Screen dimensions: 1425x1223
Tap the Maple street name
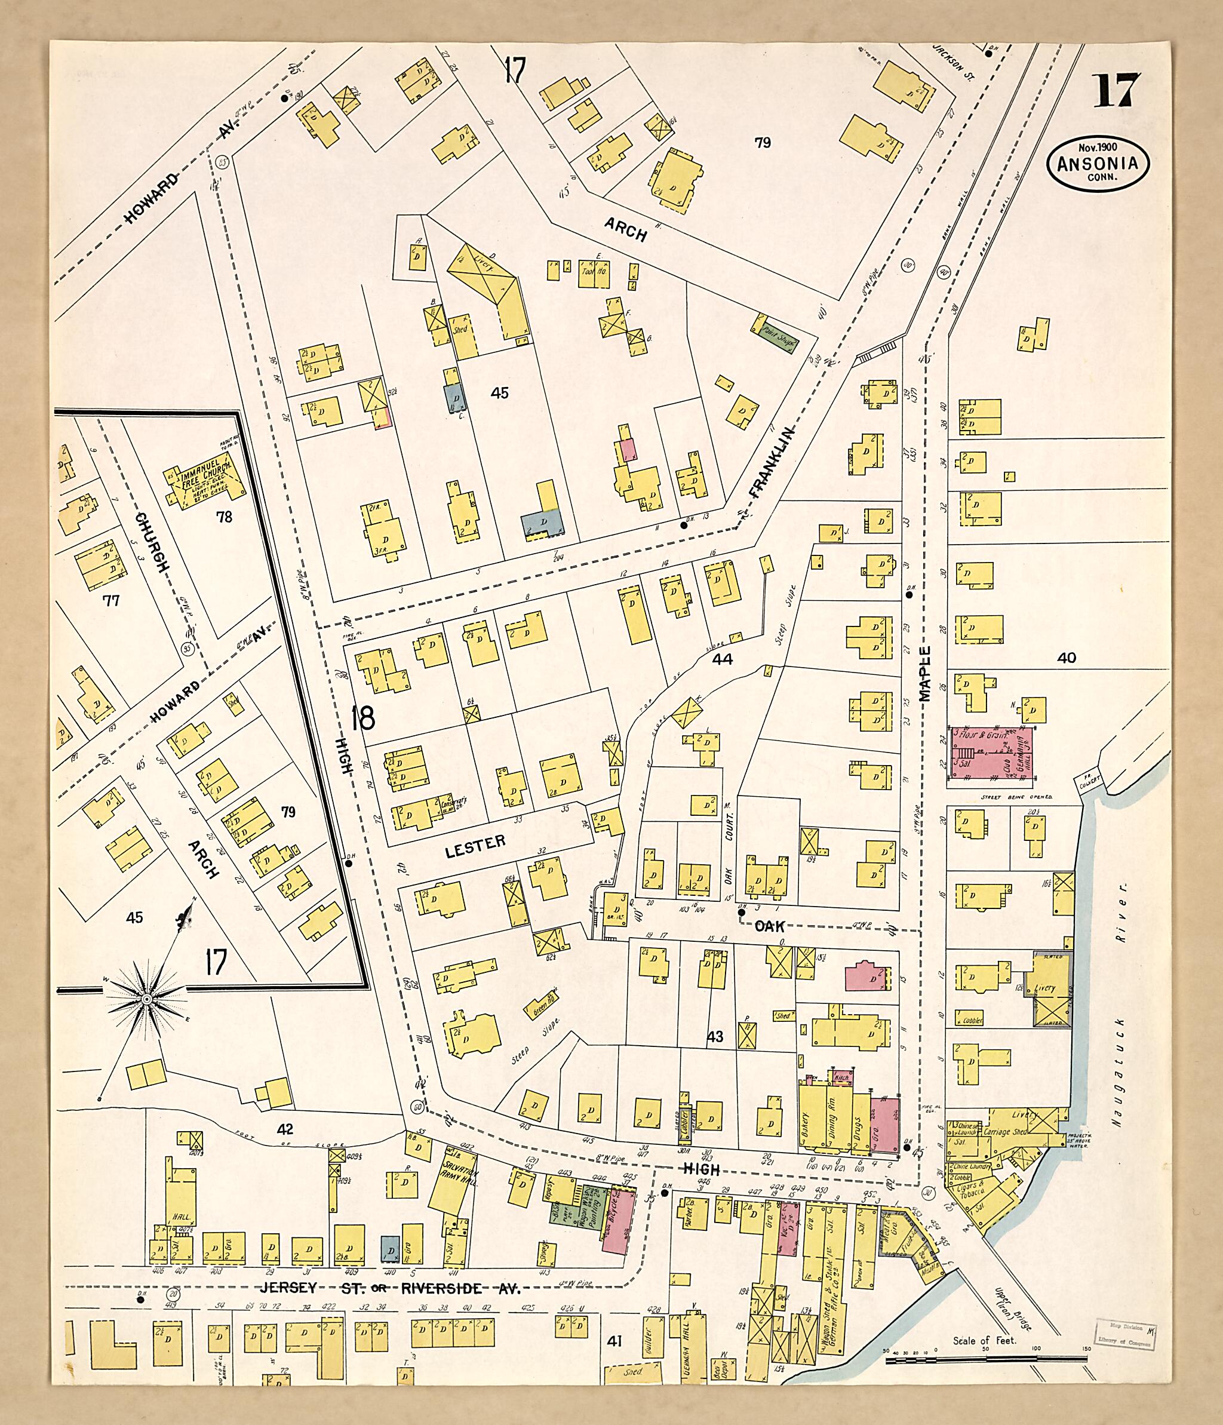pos(924,673)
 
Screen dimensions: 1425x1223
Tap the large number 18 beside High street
pos(362,718)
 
